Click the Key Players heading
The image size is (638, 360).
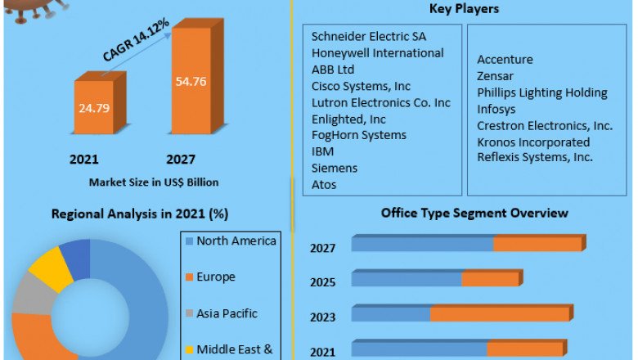(x=464, y=9)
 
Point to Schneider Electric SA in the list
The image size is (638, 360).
(x=369, y=36)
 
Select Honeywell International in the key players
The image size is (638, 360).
(x=378, y=52)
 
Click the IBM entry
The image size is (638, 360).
(x=323, y=151)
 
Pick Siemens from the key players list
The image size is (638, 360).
(x=335, y=168)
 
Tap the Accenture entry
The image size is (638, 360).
(x=505, y=60)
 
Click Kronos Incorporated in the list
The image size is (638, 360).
(x=533, y=142)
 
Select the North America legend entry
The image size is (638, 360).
(x=236, y=241)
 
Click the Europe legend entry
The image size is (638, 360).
(x=215, y=277)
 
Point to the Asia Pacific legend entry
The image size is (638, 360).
(x=227, y=313)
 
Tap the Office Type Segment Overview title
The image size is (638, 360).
(x=474, y=213)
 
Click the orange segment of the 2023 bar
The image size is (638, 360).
(x=500, y=314)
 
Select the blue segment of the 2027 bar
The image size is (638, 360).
(x=422, y=244)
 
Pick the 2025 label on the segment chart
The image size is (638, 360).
(x=322, y=282)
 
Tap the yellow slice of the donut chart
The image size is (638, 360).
(x=49, y=268)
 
